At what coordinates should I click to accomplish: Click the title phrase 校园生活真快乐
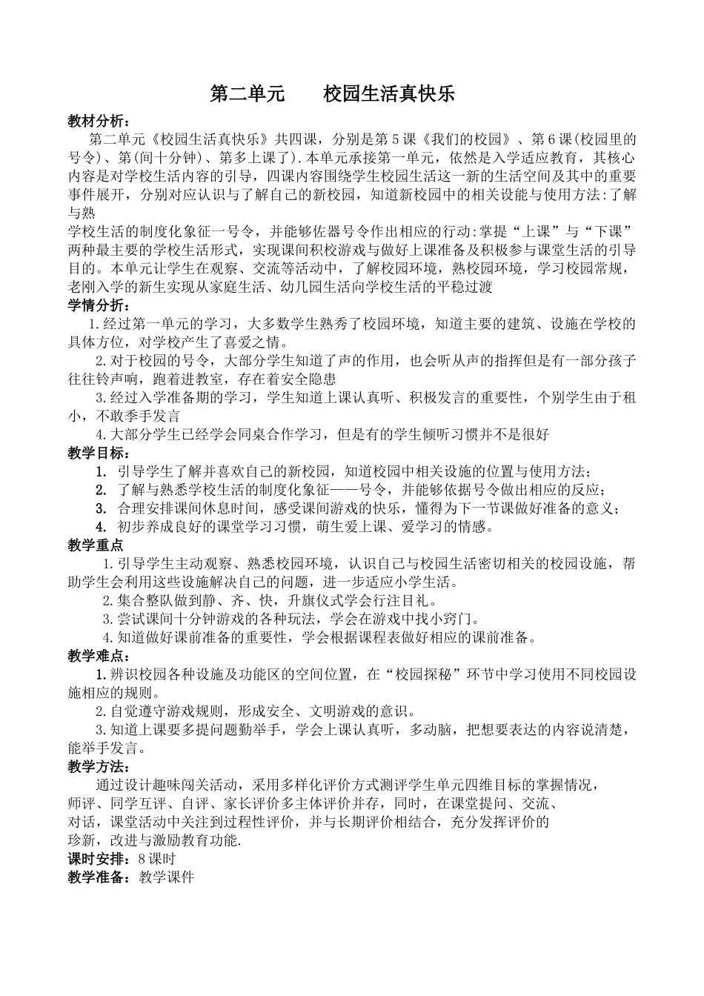388,94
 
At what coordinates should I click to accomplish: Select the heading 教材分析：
98,121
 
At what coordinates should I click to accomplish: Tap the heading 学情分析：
98,305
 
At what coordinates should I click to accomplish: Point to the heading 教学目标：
98,453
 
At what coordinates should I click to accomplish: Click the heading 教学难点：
98,656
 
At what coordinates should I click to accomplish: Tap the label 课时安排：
98,859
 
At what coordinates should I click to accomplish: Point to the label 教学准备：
98,877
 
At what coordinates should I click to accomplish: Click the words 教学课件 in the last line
165,877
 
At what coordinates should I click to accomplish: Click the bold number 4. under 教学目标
102,526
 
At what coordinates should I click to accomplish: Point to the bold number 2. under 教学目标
102,490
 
